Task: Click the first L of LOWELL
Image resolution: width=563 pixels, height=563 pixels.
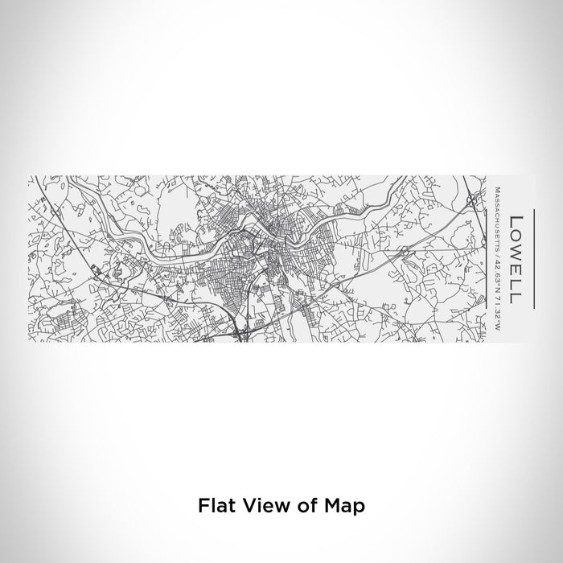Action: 516,220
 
